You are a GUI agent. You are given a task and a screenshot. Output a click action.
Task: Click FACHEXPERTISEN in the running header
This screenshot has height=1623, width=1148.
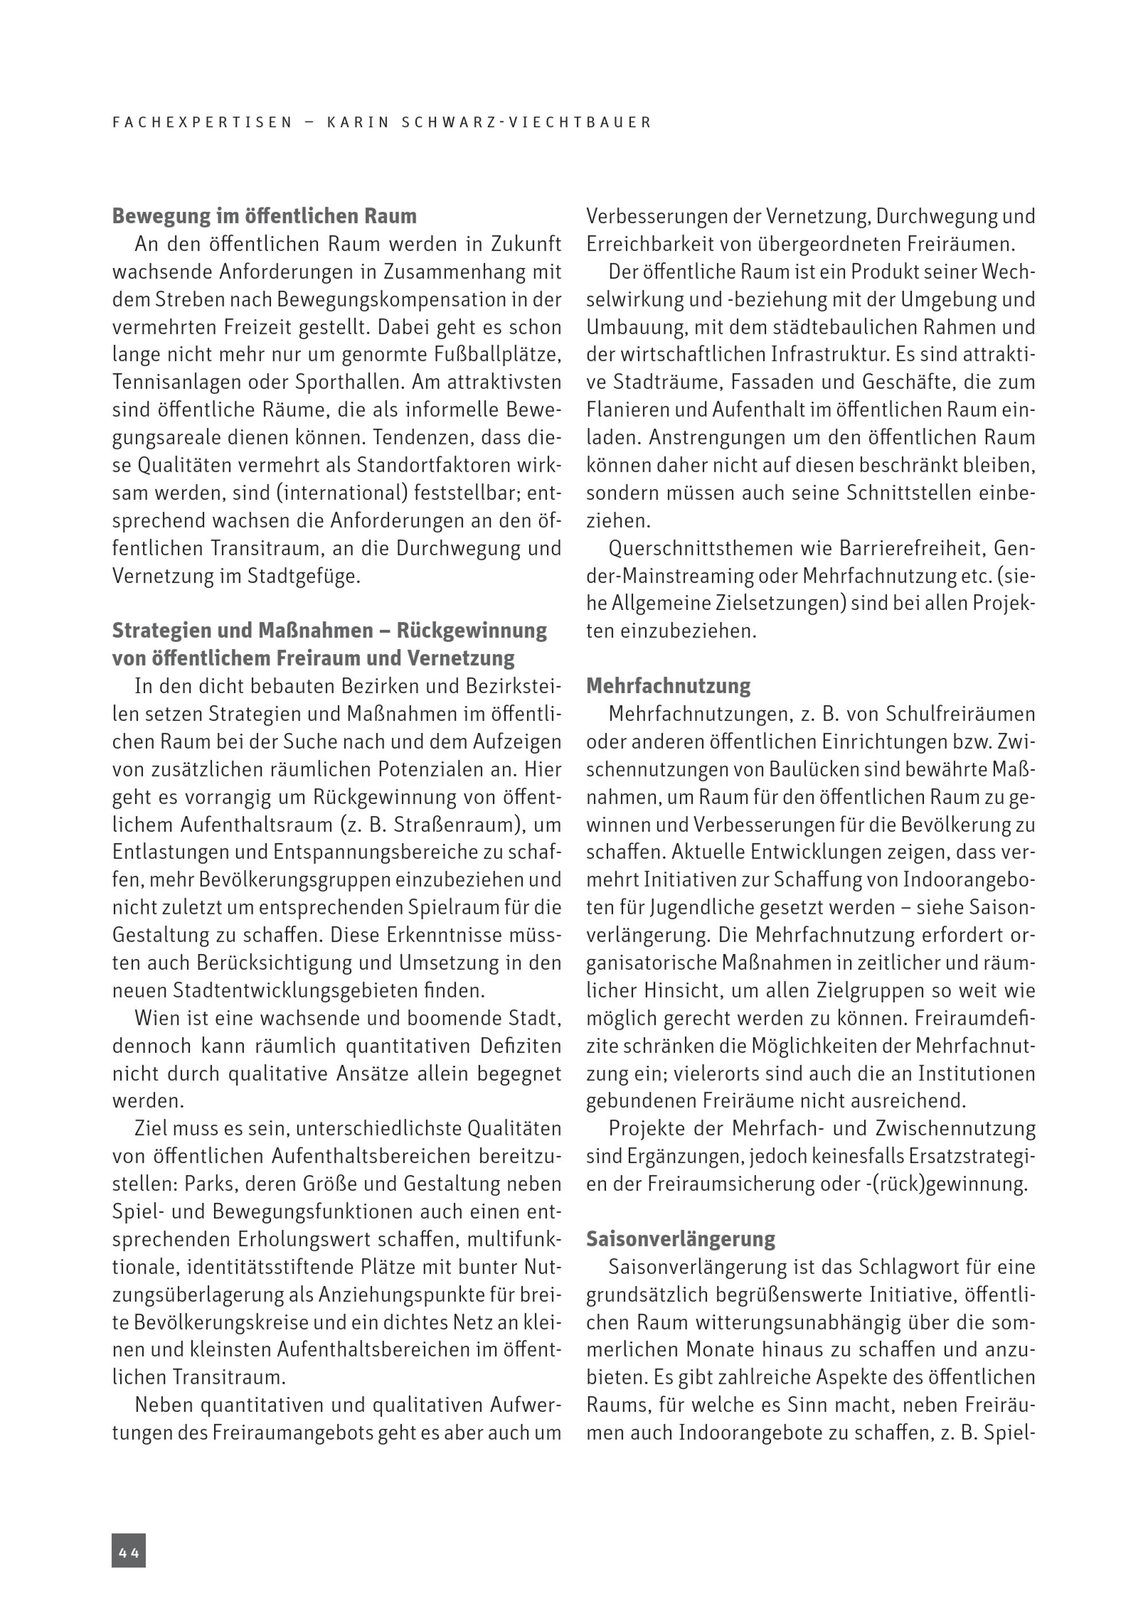point(202,122)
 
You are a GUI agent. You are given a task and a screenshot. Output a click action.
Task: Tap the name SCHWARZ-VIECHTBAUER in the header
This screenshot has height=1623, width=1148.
point(526,122)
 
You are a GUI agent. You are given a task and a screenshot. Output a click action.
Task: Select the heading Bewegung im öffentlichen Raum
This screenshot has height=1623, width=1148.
point(265,216)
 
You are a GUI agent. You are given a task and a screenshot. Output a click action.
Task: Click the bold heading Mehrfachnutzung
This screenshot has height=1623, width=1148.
point(668,686)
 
